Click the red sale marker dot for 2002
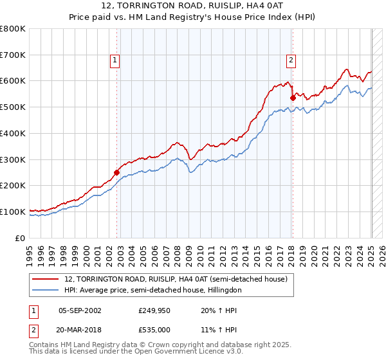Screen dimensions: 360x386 tap(116, 172)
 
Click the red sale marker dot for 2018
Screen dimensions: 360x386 tap(293, 98)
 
